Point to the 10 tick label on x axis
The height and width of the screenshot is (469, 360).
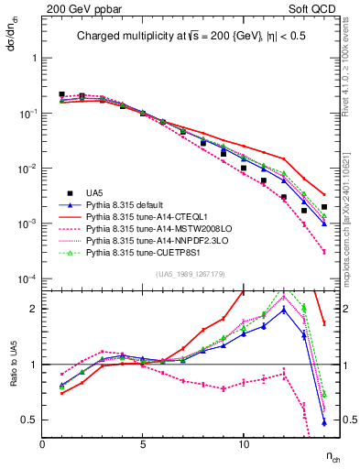(x=244, y=444)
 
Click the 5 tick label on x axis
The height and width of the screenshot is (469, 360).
(x=143, y=444)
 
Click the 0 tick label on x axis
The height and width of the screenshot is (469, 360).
(x=43, y=444)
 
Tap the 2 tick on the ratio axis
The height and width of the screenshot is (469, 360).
(x=33, y=309)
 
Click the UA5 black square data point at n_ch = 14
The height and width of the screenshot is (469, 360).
(x=324, y=207)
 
